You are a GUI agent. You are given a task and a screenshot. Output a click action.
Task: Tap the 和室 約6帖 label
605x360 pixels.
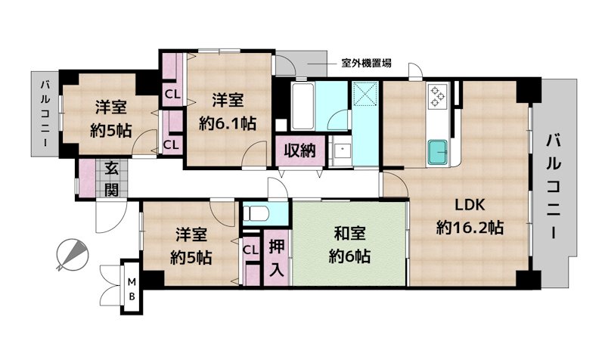349,246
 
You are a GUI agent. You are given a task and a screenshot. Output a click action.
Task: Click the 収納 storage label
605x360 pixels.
299,151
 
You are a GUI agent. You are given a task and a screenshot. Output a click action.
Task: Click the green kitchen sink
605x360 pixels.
439,151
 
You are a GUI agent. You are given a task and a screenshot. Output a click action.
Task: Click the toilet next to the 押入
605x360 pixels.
255,213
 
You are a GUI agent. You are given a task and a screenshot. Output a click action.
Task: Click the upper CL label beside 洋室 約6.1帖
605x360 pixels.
172,95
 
